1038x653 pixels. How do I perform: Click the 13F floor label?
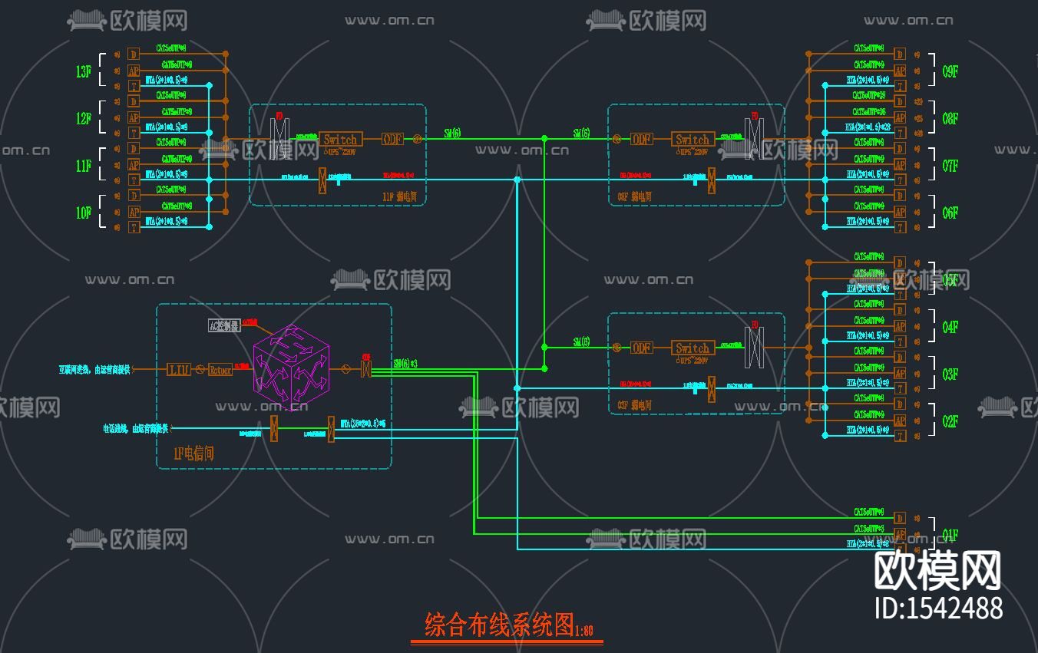pos(84,72)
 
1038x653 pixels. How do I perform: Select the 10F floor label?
pos(84,213)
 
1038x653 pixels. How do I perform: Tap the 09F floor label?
pos(950,72)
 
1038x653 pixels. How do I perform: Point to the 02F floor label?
pos(950,421)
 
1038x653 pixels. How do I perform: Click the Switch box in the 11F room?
pos(340,140)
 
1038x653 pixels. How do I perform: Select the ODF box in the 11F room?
pos(392,140)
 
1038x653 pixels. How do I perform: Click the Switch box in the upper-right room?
pos(693,140)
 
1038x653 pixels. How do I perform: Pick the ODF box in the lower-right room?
pos(642,348)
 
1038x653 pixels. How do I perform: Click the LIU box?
pos(179,370)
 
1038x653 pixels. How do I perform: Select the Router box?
pos(220,370)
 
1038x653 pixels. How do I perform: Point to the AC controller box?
pos(224,325)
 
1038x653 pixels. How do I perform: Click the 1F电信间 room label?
pos(193,453)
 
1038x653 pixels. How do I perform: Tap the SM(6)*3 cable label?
pos(405,363)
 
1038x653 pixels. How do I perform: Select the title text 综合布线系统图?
pos(499,625)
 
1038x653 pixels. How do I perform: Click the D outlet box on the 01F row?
pos(900,518)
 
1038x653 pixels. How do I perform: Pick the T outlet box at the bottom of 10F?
pos(134,227)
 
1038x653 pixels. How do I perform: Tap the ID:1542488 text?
pos(938,608)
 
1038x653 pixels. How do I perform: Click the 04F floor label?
pos(950,328)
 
